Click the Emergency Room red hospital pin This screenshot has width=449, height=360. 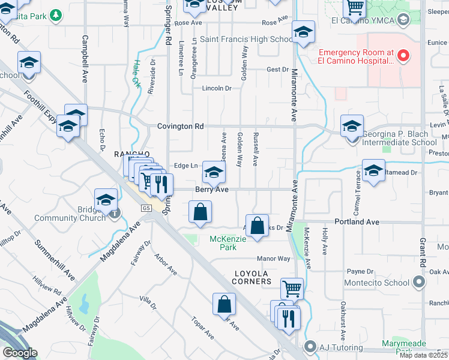pyautogui.click(x=403, y=56)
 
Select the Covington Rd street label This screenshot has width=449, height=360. pyautogui.click(x=181, y=127)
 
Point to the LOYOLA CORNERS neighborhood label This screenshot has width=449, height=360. pyautogui.click(x=252, y=281)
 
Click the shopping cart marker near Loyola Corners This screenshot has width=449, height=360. pyautogui.click(x=292, y=289)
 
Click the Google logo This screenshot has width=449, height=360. pyautogui.click(x=20, y=352)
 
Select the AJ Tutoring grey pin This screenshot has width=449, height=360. pyautogui.click(x=310, y=347)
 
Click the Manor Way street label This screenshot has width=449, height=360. pyautogui.click(x=273, y=259)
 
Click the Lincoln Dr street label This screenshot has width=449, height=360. pyautogui.click(x=217, y=88)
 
